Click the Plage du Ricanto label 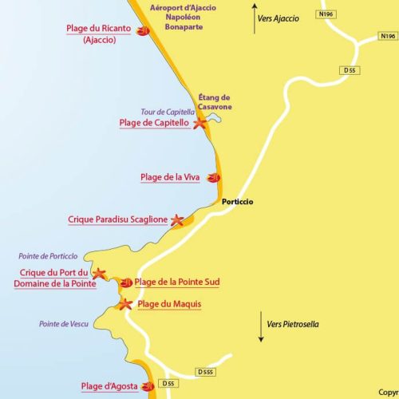click(99, 29)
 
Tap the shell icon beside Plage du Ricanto click(143, 31)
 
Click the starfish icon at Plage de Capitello click(199, 123)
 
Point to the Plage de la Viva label click(170, 177)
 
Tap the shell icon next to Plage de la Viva click(213, 178)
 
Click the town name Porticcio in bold click(238, 202)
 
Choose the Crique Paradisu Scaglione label click(118, 219)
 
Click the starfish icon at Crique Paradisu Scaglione click(178, 219)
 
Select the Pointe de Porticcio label click(49, 256)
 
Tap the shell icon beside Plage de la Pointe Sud click(126, 282)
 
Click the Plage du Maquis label click(169, 304)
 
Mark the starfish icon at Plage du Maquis click(124, 304)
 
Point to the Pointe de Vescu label click(63, 324)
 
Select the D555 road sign click(205, 373)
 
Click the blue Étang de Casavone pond click(212, 118)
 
